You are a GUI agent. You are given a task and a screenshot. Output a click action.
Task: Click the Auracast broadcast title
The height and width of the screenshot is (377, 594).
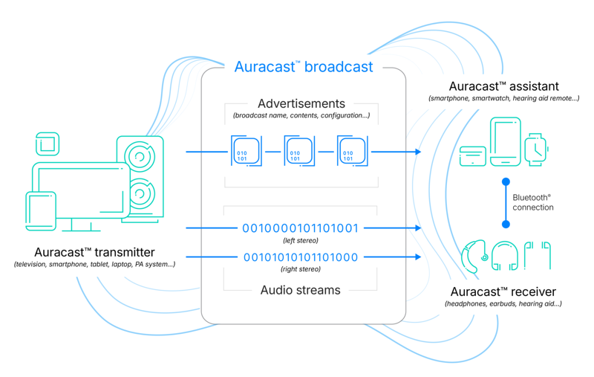[304, 67]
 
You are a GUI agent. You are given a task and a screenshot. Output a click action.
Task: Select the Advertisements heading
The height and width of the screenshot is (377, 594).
[301, 103]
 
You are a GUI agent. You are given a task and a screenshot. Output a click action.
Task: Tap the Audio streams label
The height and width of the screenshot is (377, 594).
[300, 290]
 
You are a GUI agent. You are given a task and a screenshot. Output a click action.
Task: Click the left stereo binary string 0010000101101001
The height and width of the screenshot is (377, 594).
[301, 228]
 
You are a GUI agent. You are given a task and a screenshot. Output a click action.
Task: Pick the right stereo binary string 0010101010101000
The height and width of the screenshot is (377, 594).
[301, 257]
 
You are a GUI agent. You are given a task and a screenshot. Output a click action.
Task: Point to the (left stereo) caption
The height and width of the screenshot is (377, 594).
[301, 240]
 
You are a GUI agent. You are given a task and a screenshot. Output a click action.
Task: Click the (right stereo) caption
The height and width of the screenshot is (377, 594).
[301, 269]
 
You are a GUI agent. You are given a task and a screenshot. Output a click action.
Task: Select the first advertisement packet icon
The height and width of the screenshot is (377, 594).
[247, 152]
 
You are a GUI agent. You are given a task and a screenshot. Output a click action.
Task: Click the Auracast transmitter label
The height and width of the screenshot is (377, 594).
[94, 252]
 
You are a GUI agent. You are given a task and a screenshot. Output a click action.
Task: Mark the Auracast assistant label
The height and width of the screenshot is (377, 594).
[503, 87]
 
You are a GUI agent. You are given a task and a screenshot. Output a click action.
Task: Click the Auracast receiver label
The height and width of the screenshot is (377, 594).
[503, 291]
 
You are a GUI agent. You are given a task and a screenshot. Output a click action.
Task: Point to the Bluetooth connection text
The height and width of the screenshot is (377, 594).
[532, 202]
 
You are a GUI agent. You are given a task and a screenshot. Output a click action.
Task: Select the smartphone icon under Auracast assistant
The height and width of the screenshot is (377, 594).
[506, 141]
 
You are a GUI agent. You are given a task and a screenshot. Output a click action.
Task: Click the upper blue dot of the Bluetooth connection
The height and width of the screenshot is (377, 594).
[506, 181]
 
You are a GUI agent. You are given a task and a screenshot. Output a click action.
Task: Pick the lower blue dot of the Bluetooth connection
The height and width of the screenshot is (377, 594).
[506, 224]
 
